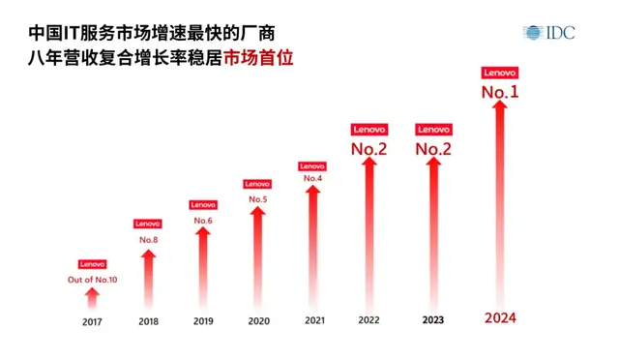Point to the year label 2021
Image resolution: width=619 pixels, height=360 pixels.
click(313, 321)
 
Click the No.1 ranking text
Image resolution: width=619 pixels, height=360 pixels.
click(500, 93)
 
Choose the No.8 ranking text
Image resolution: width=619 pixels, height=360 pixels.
click(148, 239)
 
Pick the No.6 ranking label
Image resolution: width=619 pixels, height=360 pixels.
click(203, 221)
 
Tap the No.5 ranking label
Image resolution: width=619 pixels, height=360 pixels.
click(257, 199)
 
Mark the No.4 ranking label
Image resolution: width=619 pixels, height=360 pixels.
click(312, 179)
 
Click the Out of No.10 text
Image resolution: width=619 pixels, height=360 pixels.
click(93, 280)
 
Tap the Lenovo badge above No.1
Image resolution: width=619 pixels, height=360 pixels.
click(500, 73)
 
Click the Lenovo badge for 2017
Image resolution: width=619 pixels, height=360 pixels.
click(93, 264)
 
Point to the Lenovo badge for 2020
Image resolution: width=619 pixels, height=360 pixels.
click(257, 184)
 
